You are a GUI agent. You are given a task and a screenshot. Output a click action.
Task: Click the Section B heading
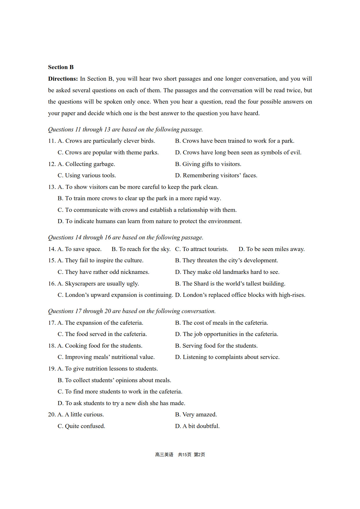[x=61, y=67]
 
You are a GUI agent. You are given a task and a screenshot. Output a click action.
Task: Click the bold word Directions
[x=63, y=79]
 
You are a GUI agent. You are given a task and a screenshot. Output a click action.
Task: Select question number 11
[x=52, y=141]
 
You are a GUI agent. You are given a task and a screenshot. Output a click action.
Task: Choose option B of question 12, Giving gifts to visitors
[x=208, y=164]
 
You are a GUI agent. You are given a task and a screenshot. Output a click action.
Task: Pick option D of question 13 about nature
[x=150, y=221]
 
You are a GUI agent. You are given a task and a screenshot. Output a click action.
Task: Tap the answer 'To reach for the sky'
[x=141, y=249]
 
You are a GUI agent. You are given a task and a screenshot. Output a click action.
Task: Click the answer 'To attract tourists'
[x=201, y=249]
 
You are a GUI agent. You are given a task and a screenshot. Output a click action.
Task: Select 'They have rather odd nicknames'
[x=103, y=272]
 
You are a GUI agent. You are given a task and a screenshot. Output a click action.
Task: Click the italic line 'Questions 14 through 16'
[x=125, y=238]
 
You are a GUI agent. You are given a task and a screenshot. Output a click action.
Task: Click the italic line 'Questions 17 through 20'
[x=132, y=311]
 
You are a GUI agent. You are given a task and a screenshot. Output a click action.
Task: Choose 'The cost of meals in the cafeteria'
[x=222, y=323]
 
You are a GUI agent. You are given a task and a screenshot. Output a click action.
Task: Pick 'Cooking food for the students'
[x=100, y=346]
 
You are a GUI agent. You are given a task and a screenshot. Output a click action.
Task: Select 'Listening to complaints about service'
[x=227, y=357]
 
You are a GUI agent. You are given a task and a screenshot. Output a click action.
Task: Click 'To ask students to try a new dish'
[x=121, y=403]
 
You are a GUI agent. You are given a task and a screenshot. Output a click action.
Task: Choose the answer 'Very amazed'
[x=196, y=415]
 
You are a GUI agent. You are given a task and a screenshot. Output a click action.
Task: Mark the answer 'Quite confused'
[x=81, y=426]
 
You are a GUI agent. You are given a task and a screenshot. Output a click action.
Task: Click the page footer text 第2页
[x=199, y=455]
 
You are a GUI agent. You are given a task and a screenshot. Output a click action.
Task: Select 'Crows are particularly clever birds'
[x=106, y=141]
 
